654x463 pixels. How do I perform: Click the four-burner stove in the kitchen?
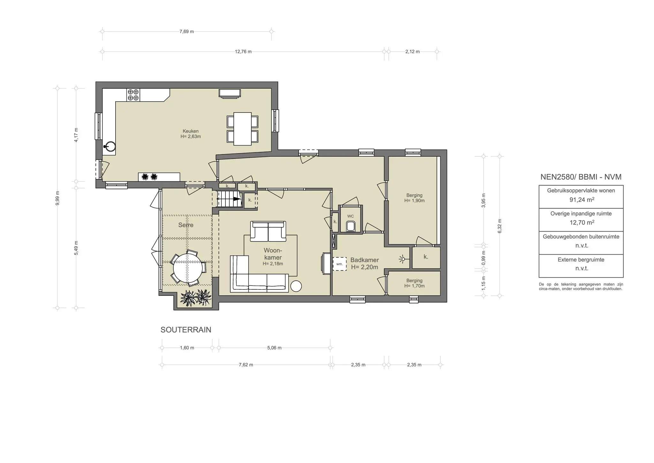(x=133, y=95)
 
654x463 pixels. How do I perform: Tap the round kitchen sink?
(x=110, y=146)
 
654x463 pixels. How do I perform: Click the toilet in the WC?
(x=350, y=226)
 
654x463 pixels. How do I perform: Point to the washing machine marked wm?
(x=339, y=264)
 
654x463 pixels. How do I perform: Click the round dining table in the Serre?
(x=188, y=268)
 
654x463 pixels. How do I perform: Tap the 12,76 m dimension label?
(x=243, y=52)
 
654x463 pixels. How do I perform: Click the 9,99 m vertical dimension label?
(x=57, y=198)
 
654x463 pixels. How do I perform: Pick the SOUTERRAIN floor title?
(x=186, y=330)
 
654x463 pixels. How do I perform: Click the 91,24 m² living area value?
(x=582, y=200)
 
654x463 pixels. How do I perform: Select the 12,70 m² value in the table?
(x=582, y=223)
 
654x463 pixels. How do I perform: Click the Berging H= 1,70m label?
(x=414, y=283)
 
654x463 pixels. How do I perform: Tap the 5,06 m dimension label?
(x=274, y=348)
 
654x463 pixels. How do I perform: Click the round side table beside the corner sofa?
(x=296, y=286)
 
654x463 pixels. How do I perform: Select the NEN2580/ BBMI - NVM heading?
(x=581, y=177)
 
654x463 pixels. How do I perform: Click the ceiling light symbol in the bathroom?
(x=403, y=259)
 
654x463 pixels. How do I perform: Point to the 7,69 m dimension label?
(x=186, y=32)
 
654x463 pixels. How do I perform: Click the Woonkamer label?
(x=273, y=254)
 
